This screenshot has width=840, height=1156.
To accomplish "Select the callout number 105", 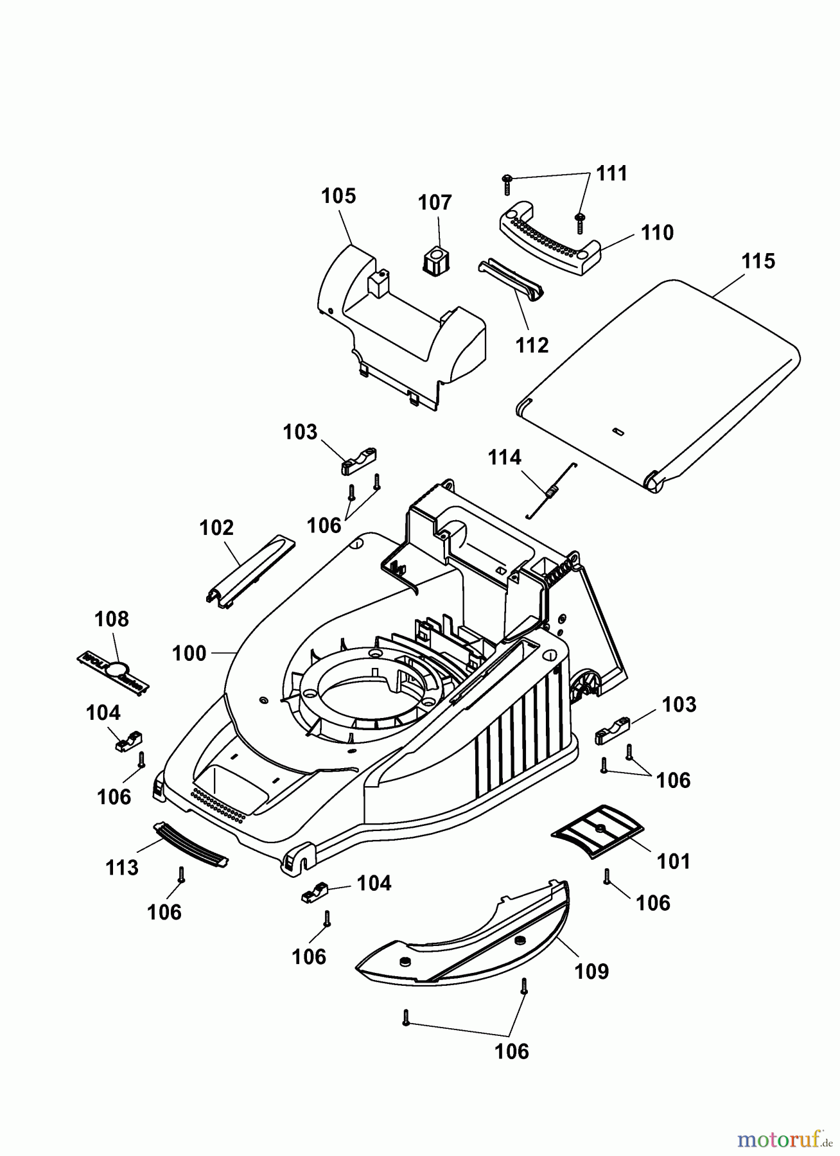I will click(338, 196).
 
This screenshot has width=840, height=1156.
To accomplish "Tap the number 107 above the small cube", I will click(435, 203).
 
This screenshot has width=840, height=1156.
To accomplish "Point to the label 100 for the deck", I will click(189, 654).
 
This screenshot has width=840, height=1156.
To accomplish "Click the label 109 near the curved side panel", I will click(591, 971).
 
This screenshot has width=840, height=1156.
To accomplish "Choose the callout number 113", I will click(122, 868).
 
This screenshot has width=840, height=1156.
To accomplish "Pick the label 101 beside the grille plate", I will click(673, 861).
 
